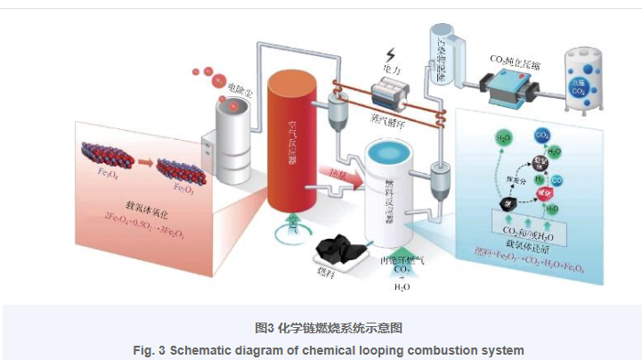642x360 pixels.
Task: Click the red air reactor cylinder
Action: point(294,143)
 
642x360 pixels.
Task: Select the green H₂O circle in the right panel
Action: point(504,139)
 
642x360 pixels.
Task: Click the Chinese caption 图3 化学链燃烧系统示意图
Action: point(321,328)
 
